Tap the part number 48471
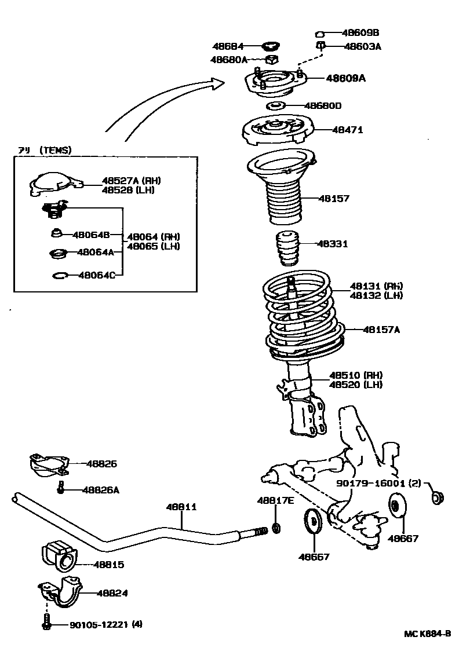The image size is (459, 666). (x=347, y=130)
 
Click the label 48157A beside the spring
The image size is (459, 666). (x=381, y=330)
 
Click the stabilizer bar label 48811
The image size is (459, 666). (x=182, y=507)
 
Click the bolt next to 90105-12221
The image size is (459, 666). (x=47, y=624)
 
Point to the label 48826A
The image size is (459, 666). (x=100, y=490)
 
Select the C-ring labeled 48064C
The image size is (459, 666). (x=59, y=276)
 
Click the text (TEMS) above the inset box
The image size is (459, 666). (x=55, y=150)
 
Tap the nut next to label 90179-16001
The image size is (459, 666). (x=438, y=496)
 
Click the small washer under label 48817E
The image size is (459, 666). (x=276, y=528)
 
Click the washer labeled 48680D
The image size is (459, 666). (x=275, y=106)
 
